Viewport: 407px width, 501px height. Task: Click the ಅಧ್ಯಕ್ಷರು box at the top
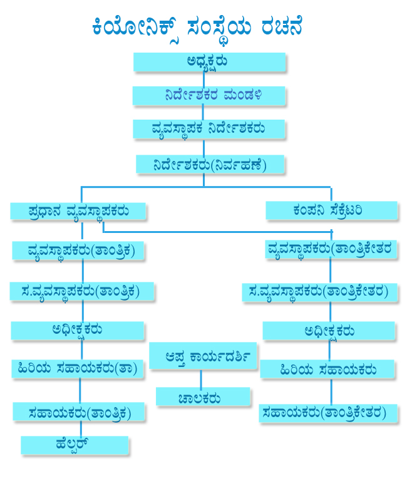[x=209, y=62]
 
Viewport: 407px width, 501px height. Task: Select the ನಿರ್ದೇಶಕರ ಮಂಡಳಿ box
[x=209, y=96]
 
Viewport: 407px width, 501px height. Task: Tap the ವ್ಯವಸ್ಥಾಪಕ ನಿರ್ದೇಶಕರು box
[x=209, y=129]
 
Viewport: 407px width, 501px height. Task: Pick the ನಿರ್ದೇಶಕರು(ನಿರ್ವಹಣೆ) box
[x=210, y=164]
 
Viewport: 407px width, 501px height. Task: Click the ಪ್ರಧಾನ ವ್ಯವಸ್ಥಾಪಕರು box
[x=78, y=211]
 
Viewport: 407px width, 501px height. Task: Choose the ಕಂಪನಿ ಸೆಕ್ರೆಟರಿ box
[x=331, y=210]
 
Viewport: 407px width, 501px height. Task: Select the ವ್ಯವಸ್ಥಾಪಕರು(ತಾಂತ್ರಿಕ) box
[x=78, y=250]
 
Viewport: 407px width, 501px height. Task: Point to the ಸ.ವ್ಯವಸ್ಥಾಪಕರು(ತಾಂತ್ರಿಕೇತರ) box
[x=319, y=292]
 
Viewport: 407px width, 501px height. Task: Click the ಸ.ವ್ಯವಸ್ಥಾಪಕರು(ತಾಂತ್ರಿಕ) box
[x=82, y=291]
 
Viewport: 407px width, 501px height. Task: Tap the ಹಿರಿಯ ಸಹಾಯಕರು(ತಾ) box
[x=77, y=369]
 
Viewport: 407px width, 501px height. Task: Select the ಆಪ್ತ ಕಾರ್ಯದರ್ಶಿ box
[x=203, y=356]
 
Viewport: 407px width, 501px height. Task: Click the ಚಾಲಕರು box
[x=203, y=396]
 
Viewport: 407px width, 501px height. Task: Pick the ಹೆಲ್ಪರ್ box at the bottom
[x=75, y=445]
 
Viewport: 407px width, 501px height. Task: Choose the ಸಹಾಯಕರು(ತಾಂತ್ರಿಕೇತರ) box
[x=328, y=413]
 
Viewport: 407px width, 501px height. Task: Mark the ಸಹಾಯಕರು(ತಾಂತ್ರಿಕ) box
[x=79, y=411]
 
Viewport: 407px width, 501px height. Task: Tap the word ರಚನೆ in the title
[x=282, y=26]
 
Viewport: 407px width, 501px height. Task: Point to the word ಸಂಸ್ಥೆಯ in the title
[x=219, y=28]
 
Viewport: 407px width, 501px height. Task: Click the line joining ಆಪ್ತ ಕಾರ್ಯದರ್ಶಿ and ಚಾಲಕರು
[x=201, y=379]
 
